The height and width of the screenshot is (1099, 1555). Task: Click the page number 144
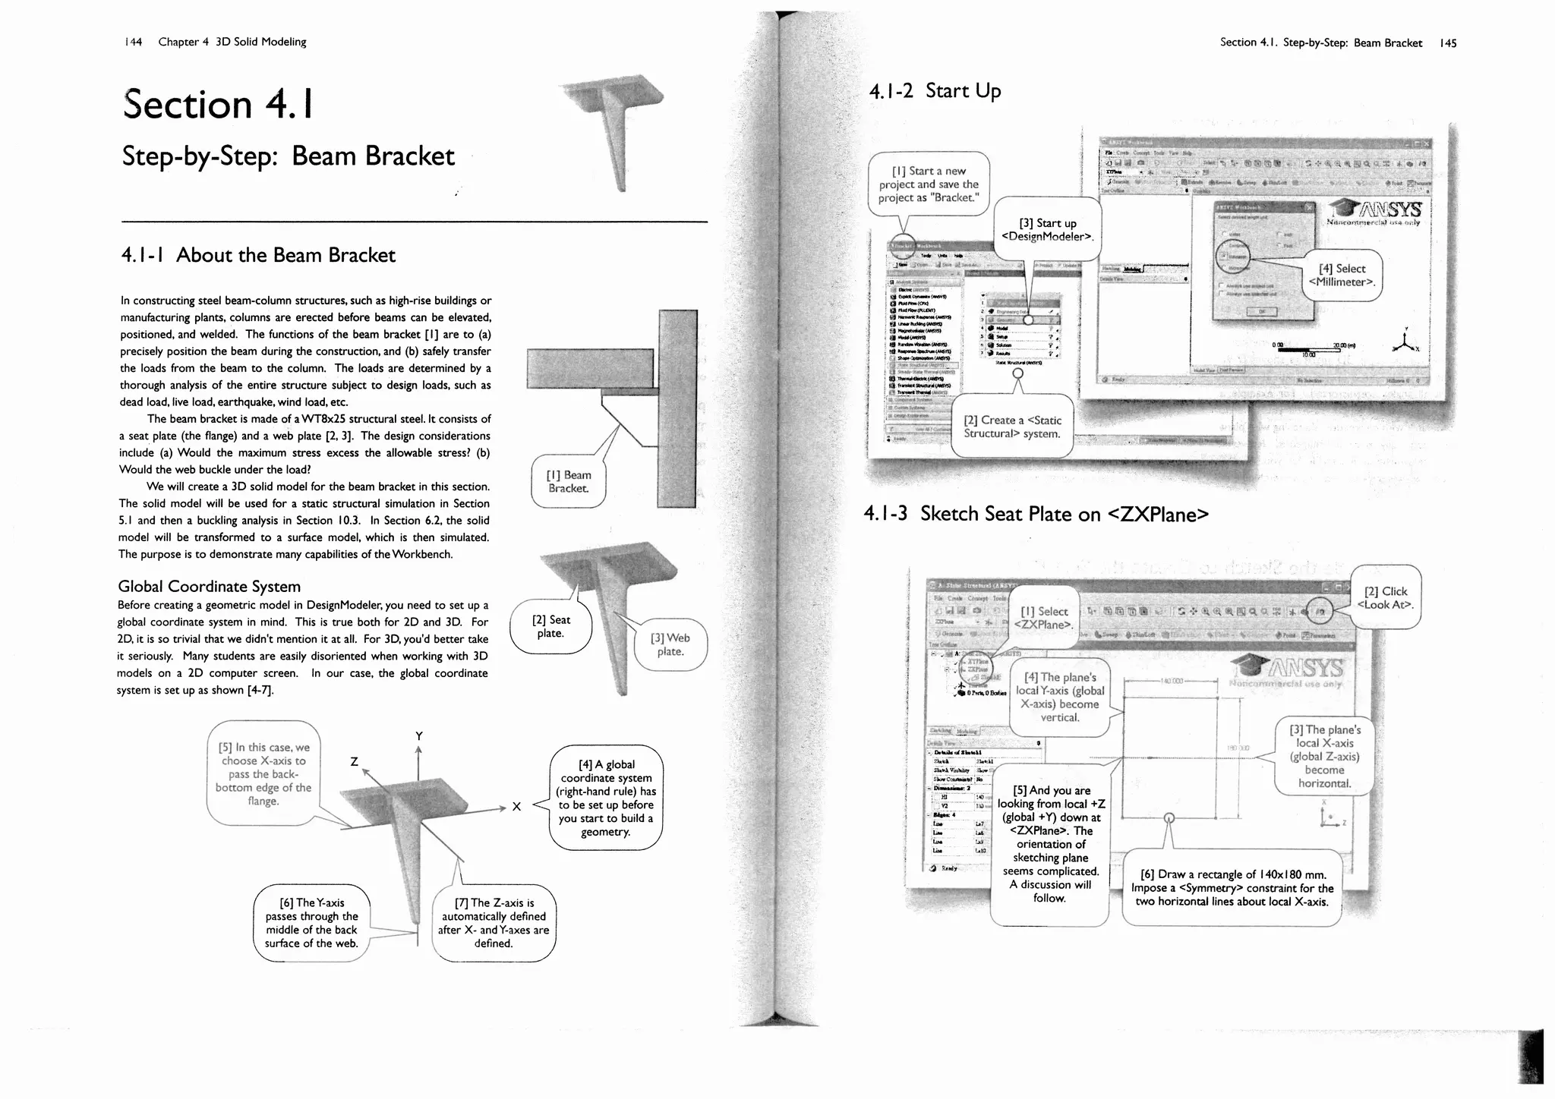tap(133, 42)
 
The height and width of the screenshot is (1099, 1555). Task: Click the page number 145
tap(1448, 43)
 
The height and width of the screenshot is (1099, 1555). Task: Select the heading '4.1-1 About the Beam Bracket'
tap(258, 255)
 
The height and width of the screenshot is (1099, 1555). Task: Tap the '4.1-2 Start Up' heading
tap(935, 91)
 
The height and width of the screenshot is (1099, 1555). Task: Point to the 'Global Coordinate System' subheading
tap(209, 586)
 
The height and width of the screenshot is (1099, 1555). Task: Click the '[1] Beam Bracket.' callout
tap(569, 481)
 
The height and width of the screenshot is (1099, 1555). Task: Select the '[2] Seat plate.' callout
tap(550, 626)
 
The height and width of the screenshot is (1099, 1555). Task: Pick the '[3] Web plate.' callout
tap(670, 644)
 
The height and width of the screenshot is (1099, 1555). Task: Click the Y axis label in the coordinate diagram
tap(419, 735)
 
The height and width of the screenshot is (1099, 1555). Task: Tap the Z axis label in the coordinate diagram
tap(354, 760)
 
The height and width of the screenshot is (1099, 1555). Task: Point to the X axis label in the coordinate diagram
tap(516, 806)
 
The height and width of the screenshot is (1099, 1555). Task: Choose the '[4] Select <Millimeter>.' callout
tap(1342, 275)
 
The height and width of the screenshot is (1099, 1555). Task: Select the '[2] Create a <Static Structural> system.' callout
tap(1012, 427)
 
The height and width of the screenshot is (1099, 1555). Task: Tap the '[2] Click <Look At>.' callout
tap(1386, 597)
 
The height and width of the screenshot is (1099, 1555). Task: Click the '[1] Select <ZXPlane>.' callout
tap(1044, 618)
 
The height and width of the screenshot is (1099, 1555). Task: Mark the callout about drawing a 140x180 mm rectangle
tap(1232, 887)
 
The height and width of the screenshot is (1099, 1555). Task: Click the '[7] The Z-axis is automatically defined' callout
tap(494, 922)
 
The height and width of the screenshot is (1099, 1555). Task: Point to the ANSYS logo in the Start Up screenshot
tap(1375, 208)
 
